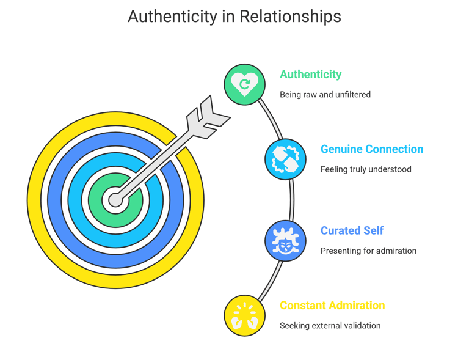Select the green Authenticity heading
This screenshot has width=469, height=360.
click(310, 75)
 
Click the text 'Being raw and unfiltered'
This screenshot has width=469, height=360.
click(325, 95)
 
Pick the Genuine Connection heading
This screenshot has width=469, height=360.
click(371, 149)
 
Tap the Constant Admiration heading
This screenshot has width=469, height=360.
click(332, 305)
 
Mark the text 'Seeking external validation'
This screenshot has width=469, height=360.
click(330, 326)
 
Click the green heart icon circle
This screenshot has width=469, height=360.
click(245, 85)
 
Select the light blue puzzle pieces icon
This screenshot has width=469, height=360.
click(285, 159)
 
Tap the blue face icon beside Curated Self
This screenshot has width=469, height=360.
click(285, 240)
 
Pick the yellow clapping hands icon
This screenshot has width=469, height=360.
click(245, 315)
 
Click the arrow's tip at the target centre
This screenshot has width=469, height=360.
click(115, 199)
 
